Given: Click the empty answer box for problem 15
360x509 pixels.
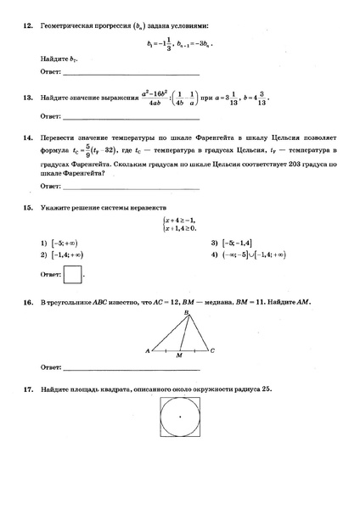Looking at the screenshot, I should click(x=74, y=275).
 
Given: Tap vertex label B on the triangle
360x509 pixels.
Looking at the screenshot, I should click(x=185, y=313).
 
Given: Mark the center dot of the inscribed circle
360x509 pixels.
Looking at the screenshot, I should click(x=180, y=417).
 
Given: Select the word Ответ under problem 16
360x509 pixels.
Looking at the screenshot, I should click(x=50, y=368).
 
